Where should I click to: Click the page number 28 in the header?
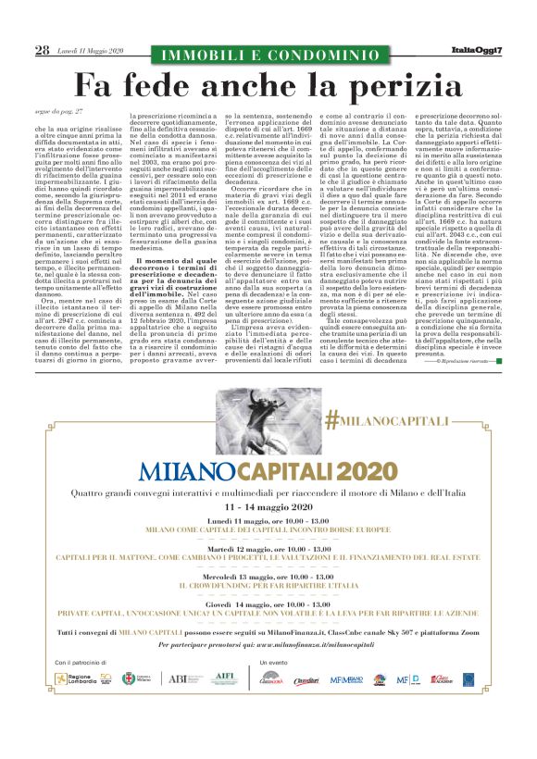[42, 50]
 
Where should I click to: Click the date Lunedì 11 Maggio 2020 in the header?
[90, 51]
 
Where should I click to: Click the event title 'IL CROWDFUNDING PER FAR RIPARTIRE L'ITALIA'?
[268, 586]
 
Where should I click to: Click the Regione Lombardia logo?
[81, 679]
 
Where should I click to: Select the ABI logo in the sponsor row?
[178, 679]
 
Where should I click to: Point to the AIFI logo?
[223, 679]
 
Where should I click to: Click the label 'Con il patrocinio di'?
[81, 663]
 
